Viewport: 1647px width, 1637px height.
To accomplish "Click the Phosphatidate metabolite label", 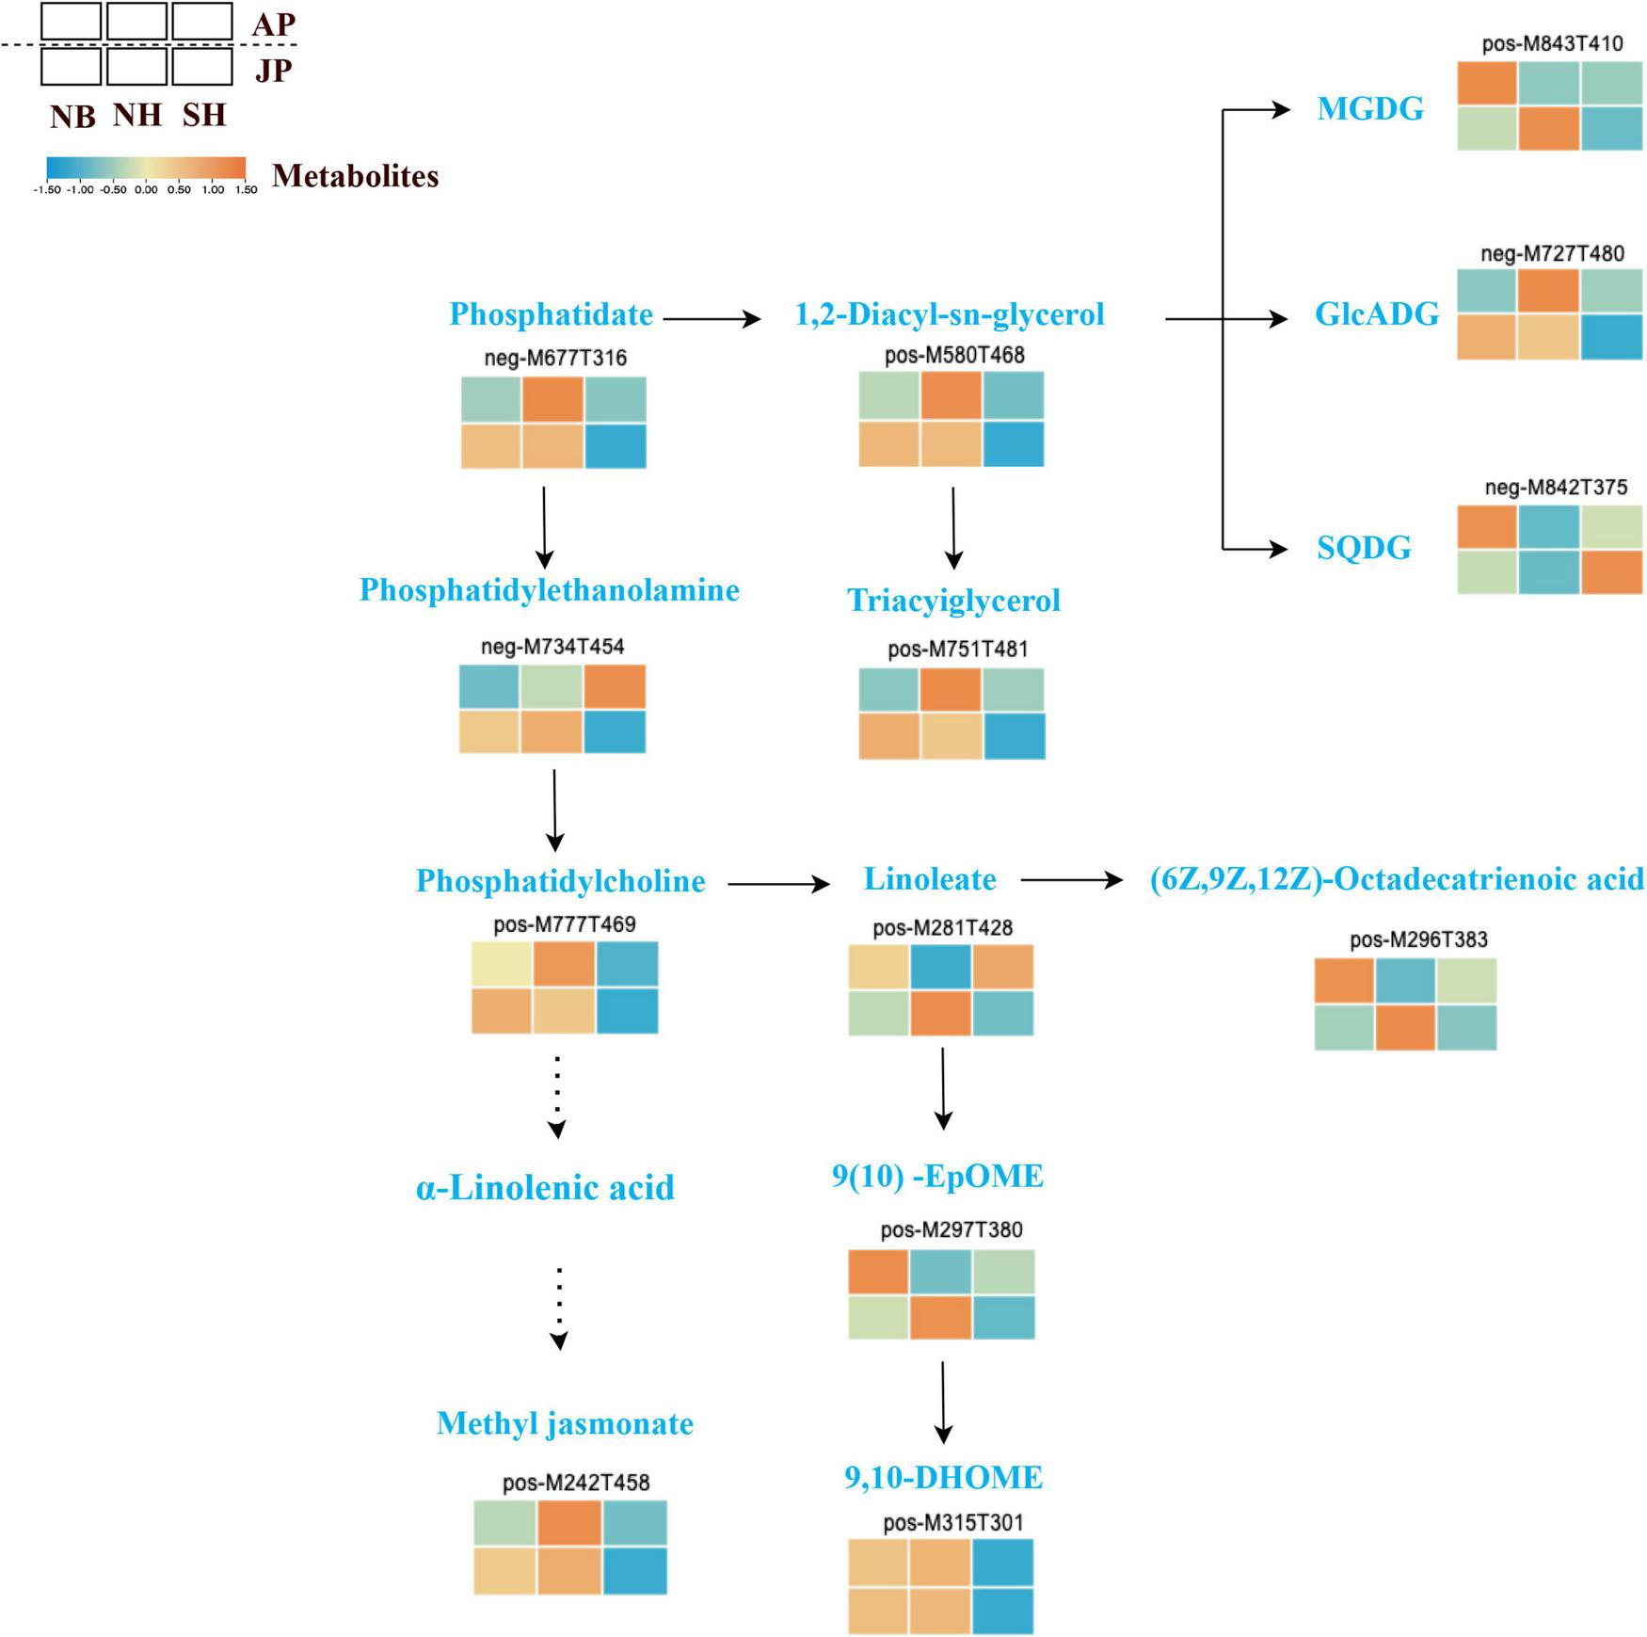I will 551,314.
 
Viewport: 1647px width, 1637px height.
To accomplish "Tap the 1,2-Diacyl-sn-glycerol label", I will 950,314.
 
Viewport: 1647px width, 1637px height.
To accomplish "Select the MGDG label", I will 1369,109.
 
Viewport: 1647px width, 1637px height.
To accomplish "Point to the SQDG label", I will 1364,548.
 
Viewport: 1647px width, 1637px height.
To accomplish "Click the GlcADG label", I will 1376,314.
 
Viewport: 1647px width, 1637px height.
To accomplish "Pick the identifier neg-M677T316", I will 555,358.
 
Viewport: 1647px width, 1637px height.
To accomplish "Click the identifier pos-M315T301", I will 952,1522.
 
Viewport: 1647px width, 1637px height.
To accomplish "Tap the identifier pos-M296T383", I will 1417,939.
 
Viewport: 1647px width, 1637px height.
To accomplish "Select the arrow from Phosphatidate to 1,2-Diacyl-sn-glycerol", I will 712,319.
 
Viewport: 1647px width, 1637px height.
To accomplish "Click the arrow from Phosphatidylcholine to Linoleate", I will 778,884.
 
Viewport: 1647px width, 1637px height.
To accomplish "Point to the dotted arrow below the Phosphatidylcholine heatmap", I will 557,1096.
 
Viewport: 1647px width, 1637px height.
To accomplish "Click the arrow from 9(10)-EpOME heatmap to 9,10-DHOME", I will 943,1402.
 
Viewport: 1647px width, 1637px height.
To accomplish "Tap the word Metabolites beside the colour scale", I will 355,176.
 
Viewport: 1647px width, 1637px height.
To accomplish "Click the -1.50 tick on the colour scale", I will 47,190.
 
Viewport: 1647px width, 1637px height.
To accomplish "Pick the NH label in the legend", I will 137,115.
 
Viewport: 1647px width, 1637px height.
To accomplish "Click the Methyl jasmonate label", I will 565,1423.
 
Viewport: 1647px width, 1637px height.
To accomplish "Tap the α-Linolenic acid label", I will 545,1188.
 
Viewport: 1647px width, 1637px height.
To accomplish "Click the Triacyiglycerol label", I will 953,601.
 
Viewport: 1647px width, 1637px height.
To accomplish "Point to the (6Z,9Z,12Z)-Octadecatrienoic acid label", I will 1397,879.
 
